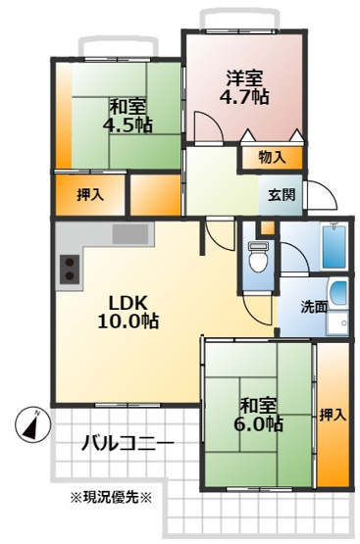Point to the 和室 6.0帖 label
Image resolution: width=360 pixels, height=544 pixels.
tap(261, 413)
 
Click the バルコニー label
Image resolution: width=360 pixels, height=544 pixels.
tap(129, 444)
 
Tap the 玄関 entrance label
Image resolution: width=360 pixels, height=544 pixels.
tap(280, 192)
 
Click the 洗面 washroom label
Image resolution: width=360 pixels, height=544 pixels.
tap(300, 305)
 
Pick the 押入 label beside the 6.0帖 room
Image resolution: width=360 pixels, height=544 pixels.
tap(333, 416)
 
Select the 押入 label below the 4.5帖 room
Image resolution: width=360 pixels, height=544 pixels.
tap(90, 194)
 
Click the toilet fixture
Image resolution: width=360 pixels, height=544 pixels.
tap(257, 257)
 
